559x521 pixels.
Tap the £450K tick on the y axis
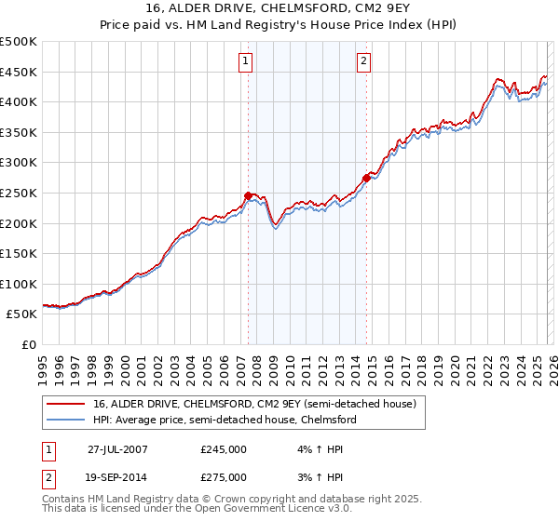click(x=19, y=72)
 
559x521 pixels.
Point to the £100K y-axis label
click(x=19, y=284)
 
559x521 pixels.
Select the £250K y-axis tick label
click(x=19, y=193)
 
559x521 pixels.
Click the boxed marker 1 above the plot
click(x=245, y=62)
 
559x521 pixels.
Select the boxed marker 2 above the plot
click(x=362, y=62)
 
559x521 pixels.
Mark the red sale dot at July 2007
click(x=249, y=196)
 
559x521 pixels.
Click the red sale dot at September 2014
click(x=366, y=178)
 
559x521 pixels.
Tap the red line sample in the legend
click(x=67, y=404)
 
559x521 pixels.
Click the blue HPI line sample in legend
click(x=67, y=420)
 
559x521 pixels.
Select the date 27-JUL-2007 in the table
click(x=116, y=448)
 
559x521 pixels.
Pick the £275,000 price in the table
click(x=224, y=476)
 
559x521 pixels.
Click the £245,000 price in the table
click(x=224, y=448)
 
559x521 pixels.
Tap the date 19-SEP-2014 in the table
click(x=116, y=476)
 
